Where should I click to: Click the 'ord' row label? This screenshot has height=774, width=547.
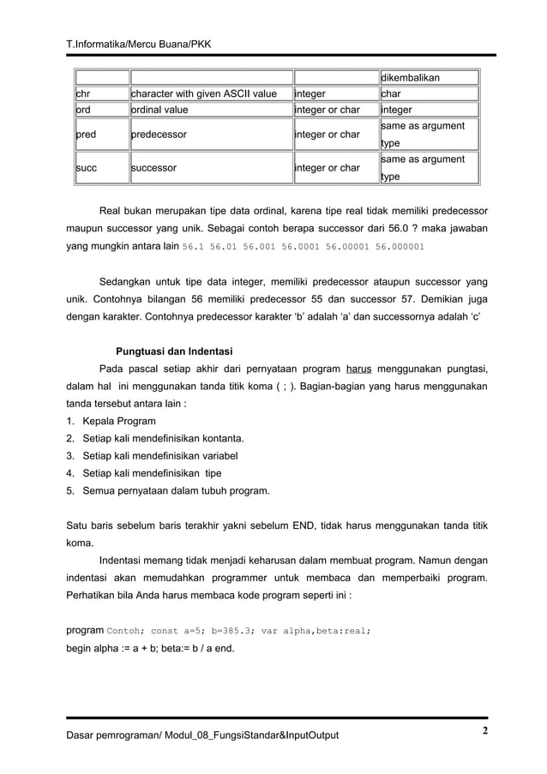click(x=83, y=110)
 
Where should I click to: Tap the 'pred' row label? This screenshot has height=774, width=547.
click(x=86, y=135)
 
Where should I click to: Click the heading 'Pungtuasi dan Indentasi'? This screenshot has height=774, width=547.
click(x=174, y=351)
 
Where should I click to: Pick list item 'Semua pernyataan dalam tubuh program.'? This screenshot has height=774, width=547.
click(x=176, y=490)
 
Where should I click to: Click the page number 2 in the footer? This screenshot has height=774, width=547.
click(x=484, y=731)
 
